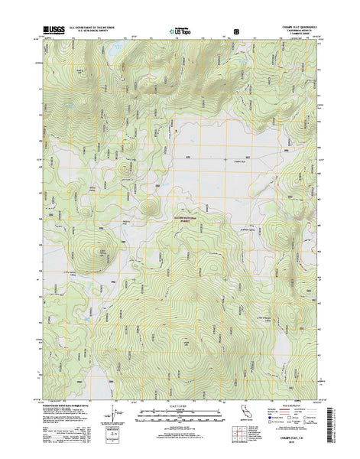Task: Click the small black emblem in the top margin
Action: point(235,33)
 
